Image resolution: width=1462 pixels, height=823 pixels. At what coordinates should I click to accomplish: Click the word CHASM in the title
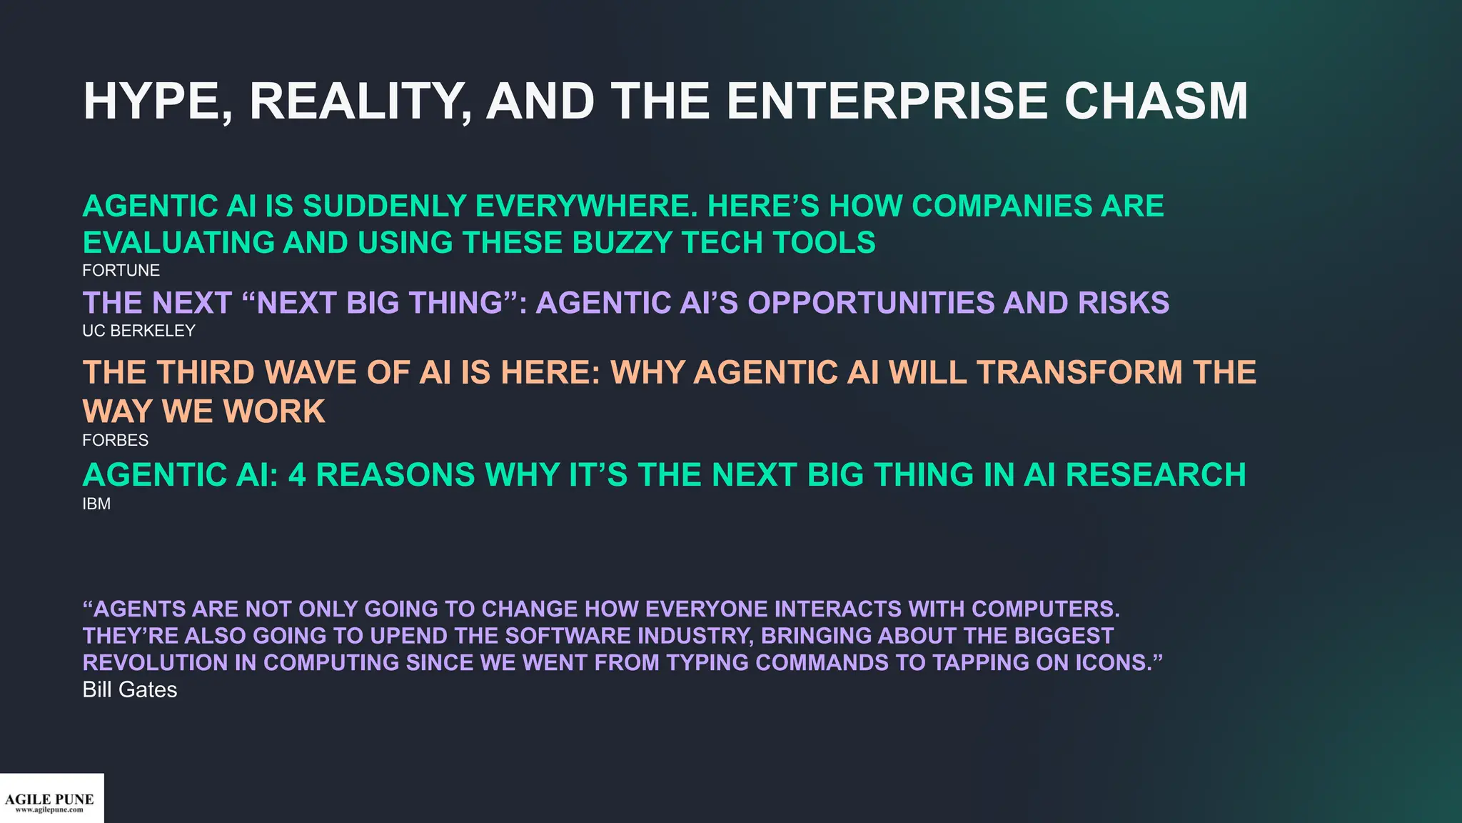click(x=1156, y=101)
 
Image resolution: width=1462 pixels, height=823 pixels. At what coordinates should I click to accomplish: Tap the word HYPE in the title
click(x=156, y=101)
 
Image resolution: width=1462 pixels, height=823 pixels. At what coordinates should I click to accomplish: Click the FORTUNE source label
click(x=121, y=271)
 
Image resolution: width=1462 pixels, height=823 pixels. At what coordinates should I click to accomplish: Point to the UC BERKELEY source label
click(x=138, y=331)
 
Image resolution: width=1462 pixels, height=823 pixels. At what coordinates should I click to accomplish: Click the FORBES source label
click(x=115, y=440)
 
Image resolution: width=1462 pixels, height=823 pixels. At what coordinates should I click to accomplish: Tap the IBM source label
click(x=96, y=504)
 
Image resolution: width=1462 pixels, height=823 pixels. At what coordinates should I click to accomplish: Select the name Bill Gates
click(x=129, y=689)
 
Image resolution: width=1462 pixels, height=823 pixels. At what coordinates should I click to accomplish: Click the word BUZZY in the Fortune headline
click(x=622, y=243)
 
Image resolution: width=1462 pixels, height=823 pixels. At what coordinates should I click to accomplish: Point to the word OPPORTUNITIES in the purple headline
click(x=870, y=303)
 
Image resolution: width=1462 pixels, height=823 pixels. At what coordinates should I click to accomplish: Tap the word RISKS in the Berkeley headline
click(x=1123, y=303)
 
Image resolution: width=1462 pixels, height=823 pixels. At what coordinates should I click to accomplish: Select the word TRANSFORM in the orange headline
click(x=1079, y=372)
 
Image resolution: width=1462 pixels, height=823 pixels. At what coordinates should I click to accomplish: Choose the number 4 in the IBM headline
click(x=297, y=475)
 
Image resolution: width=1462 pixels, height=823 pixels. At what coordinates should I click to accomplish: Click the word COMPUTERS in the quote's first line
click(x=1044, y=609)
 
